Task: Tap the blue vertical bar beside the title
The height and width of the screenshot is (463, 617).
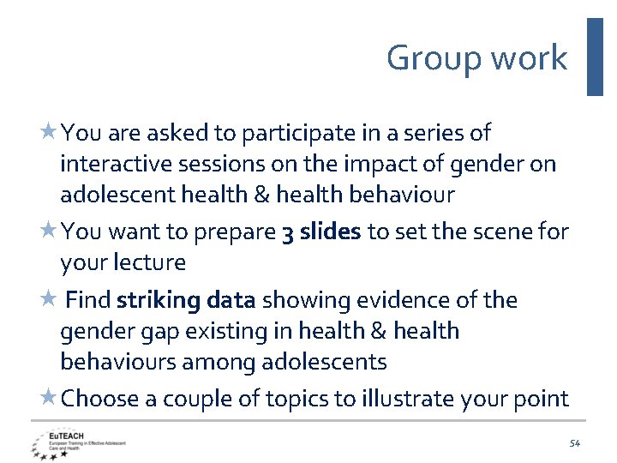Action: [x=595, y=57]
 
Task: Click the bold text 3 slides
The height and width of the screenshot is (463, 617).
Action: [x=320, y=231]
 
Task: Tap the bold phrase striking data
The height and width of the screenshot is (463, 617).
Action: [x=186, y=300]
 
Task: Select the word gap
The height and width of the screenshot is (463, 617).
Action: [x=163, y=331]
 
